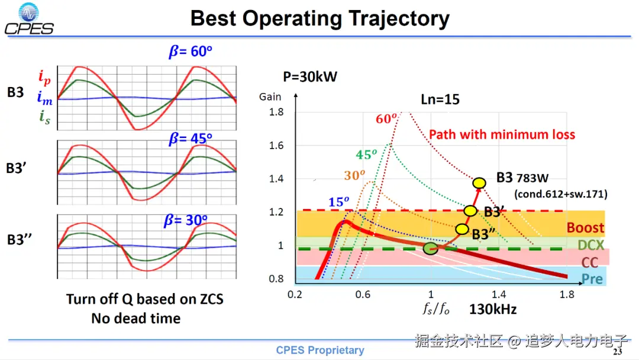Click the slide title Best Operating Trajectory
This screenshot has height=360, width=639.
(x=319, y=19)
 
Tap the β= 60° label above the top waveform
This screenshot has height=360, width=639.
(x=191, y=52)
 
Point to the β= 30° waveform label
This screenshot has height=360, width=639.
(x=186, y=221)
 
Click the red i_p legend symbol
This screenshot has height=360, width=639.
(x=44, y=76)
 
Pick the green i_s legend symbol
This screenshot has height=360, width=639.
(x=44, y=117)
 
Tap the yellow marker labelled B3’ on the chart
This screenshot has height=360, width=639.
(x=470, y=210)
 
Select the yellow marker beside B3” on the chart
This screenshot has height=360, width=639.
(x=462, y=229)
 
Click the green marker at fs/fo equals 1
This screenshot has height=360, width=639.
(x=431, y=248)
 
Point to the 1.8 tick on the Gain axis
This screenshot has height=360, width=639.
(x=276, y=112)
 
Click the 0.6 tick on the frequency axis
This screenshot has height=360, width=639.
(x=363, y=294)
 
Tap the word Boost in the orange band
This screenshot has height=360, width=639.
(x=585, y=228)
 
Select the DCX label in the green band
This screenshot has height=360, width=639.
(x=590, y=245)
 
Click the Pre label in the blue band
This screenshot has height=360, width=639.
(x=592, y=278)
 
